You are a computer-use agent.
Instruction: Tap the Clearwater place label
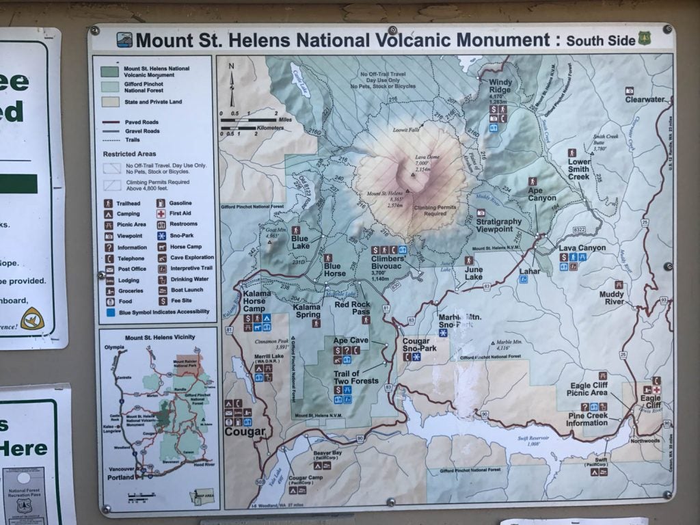[645, 99]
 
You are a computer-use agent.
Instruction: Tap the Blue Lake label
[300, 243]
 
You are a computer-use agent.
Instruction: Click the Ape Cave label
[350, 340]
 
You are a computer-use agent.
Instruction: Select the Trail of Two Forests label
[355, 377]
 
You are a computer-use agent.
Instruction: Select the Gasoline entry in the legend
[181, 203]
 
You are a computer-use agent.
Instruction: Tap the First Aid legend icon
[161, 214]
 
